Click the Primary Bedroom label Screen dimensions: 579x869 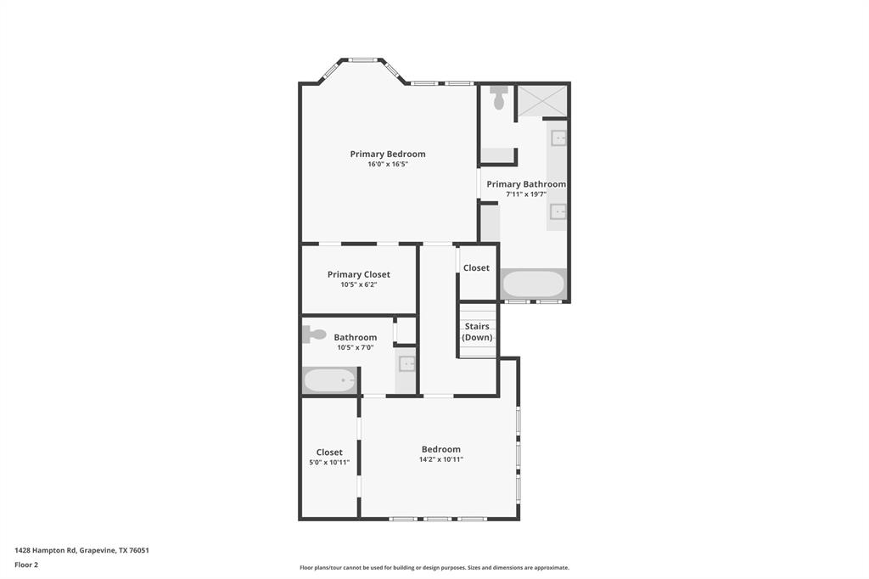(388, 154)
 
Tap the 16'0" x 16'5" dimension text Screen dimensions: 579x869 (388, 164)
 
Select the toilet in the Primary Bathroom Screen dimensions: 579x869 (498, 98)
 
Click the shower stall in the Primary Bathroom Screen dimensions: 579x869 (541, 101)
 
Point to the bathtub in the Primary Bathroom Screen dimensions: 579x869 (533, 283)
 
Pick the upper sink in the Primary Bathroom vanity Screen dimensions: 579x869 (558, 138)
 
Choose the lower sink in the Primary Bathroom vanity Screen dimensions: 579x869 (558, 211)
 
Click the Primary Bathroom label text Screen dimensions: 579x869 (525, 184)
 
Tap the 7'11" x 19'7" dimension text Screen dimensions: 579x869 (525, 194)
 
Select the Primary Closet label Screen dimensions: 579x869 (359, 274)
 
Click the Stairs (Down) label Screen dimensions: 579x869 (477, 331)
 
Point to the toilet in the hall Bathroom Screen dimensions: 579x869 (313, 334)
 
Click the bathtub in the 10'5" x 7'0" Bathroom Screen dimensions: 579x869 (330, 380)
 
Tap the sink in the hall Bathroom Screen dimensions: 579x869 (406, 364)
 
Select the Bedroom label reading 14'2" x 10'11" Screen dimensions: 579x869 (441, 449)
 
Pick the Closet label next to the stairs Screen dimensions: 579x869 (476, 267)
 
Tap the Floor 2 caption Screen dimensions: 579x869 (26, 565)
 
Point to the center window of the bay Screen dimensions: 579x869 (362, 60)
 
